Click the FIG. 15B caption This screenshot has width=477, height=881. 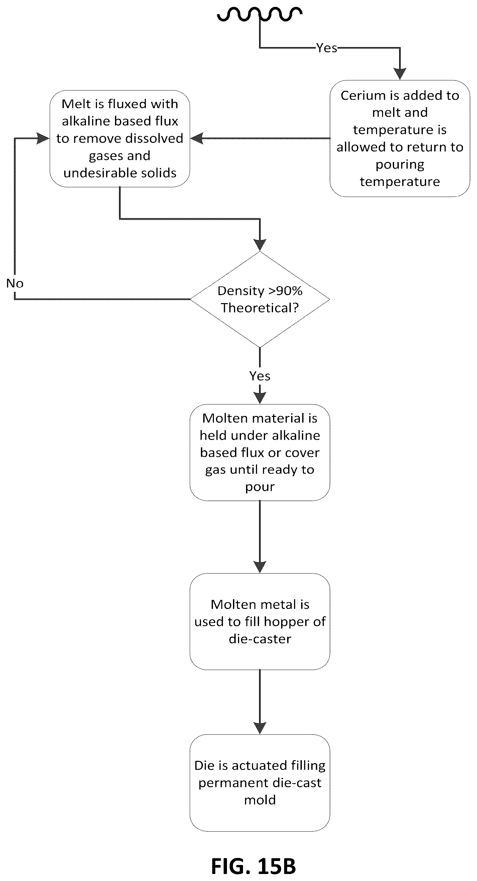pos(253,866)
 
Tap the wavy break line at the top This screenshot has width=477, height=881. pos(260,15)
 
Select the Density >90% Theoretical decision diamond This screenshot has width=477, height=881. pos(260,299)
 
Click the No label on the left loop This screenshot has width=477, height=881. pos(15,283)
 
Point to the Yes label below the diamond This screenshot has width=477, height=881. pos(260,376)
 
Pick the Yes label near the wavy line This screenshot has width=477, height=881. pos(326,48)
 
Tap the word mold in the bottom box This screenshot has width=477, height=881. pos(260,800)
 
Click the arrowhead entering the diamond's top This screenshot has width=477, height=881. pos(260,245)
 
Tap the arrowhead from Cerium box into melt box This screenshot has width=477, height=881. pos(197,138)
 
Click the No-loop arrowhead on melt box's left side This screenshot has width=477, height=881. pos(43,138)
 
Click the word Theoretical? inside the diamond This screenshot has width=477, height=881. pos(260,308)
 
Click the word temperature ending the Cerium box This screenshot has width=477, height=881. pos(399,182)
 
